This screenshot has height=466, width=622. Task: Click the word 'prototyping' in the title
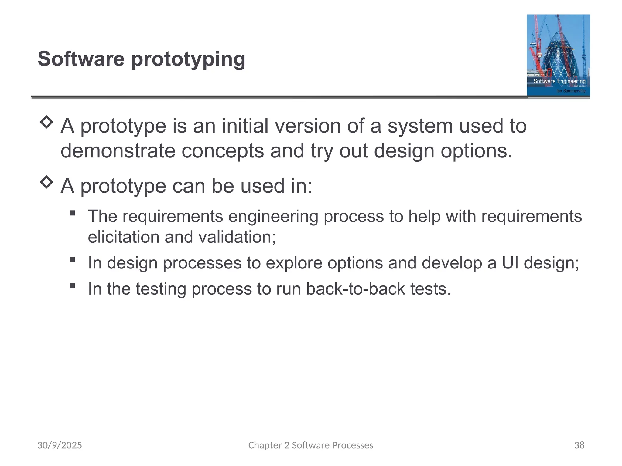pos(188,59)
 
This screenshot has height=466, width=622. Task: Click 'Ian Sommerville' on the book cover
pos(571,91)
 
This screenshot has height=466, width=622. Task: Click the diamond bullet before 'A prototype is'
pos(46,122)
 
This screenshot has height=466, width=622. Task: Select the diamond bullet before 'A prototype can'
pos(46,182)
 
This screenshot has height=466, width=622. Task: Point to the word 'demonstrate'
pos(118,151)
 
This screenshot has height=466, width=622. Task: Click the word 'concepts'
pos(223,151)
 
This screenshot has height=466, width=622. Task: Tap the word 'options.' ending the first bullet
pos(477,151)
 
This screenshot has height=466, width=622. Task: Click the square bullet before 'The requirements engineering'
pos(72,213)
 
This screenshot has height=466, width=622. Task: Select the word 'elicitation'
pos(123,237)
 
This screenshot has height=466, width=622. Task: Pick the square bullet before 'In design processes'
pos(72,260)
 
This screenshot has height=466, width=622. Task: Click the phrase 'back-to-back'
pos(355,289)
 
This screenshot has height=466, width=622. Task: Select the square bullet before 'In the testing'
pos(72,285)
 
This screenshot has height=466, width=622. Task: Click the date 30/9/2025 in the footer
pos(60,445)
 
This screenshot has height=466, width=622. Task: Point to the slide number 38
pos(579,445)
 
